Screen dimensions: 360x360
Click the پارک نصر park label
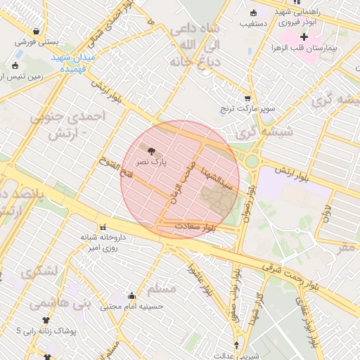coord(152,162)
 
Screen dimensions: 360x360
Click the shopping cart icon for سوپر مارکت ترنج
coord(247,99)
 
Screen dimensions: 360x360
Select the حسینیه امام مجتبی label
coord(131,306)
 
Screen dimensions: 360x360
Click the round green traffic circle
coord(252,161)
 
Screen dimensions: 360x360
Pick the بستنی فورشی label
coord(36,41)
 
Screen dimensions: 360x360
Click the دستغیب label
coord(254,23)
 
